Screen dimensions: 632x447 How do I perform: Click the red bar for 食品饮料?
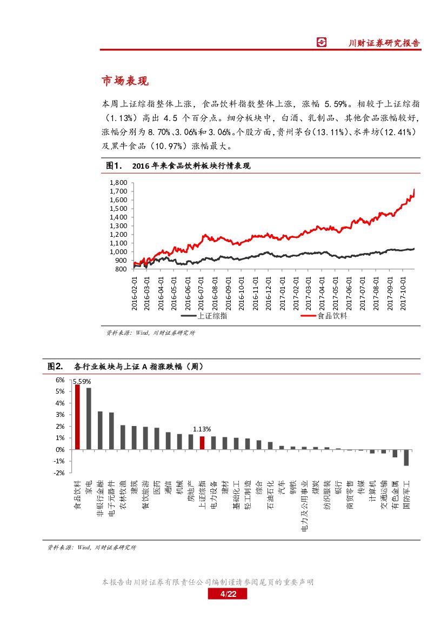(x=77, y=417)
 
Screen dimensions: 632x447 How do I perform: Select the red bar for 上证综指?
(x=202, y=443)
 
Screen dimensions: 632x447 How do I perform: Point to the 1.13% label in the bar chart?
(x=202, y=429)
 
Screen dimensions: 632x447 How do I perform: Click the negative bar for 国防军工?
(x=406, y=457)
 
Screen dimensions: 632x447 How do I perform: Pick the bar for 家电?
(x=89, y=418)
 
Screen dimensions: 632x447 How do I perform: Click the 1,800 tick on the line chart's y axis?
(x=118, y=183)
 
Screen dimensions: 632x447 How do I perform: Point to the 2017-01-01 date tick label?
(x=283, y=292)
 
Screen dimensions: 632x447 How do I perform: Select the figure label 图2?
(x=55, y=367)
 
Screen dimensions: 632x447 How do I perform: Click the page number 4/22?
(x=227, y=595)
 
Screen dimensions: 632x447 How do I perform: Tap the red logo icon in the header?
(x=322, y=43)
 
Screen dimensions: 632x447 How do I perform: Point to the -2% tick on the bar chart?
(x=59, y=473)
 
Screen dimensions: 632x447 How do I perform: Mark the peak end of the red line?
(x=414, y=190)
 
